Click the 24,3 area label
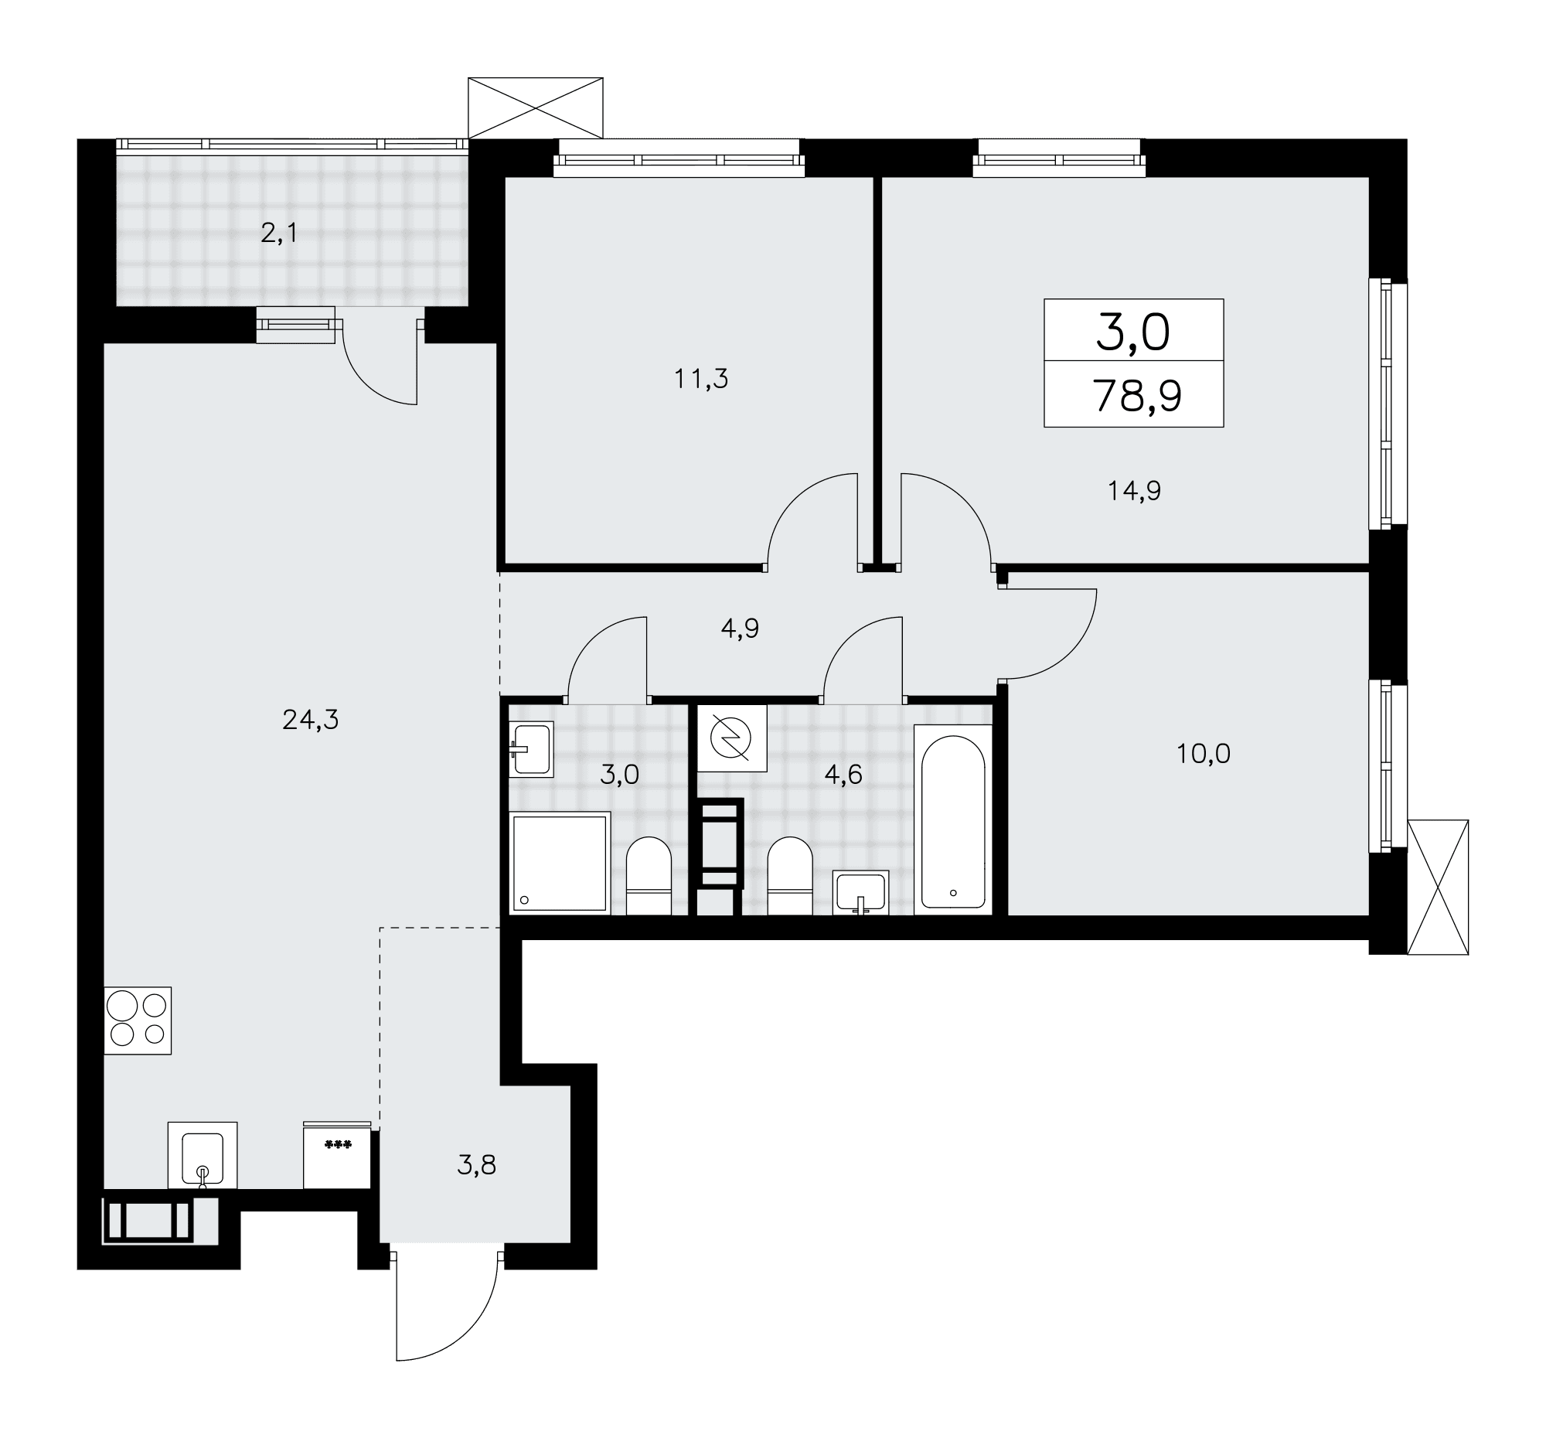(x=310, y=721)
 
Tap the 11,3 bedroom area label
(x=700, y=379)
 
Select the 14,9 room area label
(x=1135, y=491)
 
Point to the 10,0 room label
(x=1203, y=754)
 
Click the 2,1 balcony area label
(x=279, y=233)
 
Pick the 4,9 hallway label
(x=740, y=629)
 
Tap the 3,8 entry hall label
(x=476, y=1165)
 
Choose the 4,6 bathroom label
(x=844, y=775)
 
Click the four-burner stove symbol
(x=138, y=1021)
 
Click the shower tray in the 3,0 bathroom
(x=560, y=863)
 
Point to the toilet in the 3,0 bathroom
(x=649, y=877)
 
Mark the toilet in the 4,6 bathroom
(x=789, y=877)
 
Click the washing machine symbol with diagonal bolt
(x=732, y=738)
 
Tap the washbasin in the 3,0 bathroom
(x=531, y=749)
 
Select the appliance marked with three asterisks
(x=337, y=1155)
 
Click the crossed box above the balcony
(x=536, y=108)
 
